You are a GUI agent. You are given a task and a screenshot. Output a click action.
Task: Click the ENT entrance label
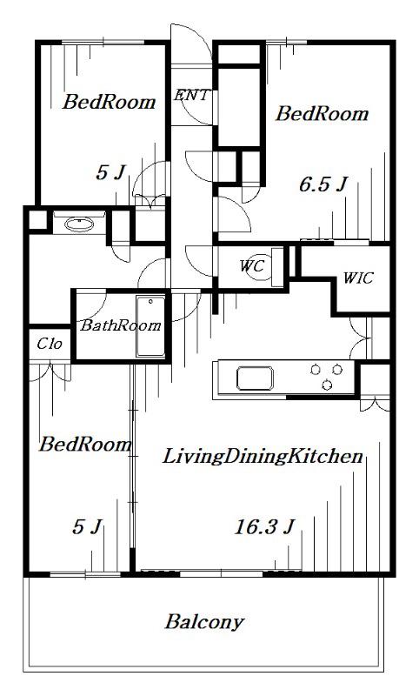[190, 95]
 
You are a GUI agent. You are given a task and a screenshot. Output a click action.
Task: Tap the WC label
[252, 266]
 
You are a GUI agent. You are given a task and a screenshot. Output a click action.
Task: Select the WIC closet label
[358, 278]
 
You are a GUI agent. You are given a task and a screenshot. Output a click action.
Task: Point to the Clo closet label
[50, 344]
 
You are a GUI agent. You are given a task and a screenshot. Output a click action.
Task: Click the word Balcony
[204, 622]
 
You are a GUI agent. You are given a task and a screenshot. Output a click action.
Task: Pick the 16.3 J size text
[263, 527]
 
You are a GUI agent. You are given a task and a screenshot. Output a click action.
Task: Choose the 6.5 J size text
[323, 184]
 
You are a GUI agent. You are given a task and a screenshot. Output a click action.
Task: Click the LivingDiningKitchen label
[263, 457]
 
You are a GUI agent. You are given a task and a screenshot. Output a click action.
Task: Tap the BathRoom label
[120, 325]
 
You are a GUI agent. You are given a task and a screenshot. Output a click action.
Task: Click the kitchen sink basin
[255, 378]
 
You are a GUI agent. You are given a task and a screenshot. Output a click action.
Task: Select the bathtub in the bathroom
[150, 326]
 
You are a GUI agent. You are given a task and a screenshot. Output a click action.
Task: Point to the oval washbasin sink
[79, 224]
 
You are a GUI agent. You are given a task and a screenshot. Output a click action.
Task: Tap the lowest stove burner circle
[327, 385]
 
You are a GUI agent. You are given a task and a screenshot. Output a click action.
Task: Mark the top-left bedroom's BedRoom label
[109, 102]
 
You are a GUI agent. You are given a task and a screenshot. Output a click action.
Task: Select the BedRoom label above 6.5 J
[322, 114]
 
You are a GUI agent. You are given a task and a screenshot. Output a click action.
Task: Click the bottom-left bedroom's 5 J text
[87, 527]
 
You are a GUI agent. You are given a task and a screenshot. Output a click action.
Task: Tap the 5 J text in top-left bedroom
[111, 172]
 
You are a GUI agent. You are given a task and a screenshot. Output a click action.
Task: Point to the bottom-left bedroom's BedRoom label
[85, 444]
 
